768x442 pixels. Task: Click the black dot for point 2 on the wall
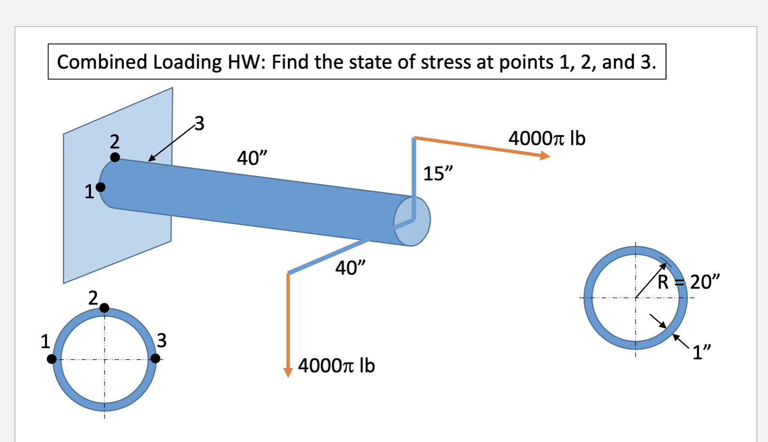point(115,157)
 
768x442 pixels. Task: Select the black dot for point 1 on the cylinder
point(101,187)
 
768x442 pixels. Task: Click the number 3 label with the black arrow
point(199,123)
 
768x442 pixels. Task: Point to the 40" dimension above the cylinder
point(251,158)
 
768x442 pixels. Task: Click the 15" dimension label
point(438,174)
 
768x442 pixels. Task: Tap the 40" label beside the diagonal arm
point(350,267)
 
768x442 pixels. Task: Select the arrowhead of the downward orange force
point(288,372)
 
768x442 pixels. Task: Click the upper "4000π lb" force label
point(546,138)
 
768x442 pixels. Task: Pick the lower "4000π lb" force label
point(336,366)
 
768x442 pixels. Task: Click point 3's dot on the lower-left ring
point(155,358)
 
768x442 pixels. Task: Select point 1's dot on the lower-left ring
point(52,359)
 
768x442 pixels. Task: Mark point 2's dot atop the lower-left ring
point(104,308)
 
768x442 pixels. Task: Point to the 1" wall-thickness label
point(702,352)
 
